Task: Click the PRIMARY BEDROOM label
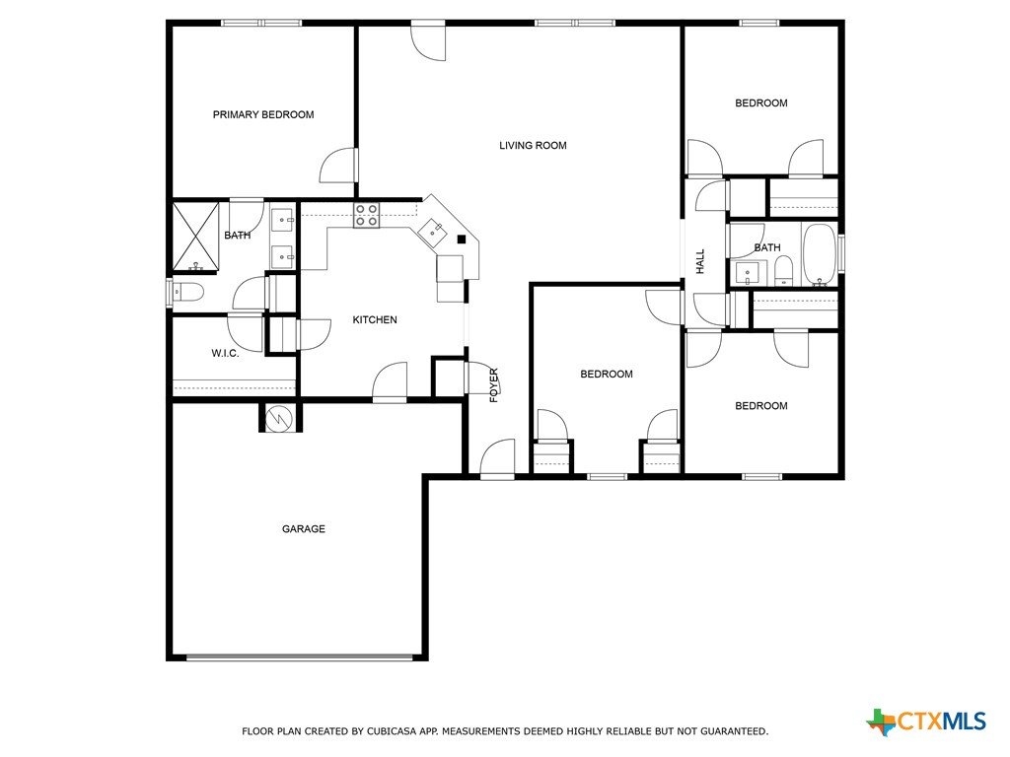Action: pyautogui.click(x=263, y=114)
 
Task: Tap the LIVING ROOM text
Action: pyautogui.click(x=533, y=146)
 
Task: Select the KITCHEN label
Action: pyautogui.click(x=375, y=319)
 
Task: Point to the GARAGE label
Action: pyautogui.click(x=304, y=528)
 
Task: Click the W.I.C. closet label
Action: pyautogui.click(x=225, y=353)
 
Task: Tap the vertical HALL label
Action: pyautogui.click(x=700, y=261)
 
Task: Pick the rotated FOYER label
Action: pyautogui.click(x=494, y=385)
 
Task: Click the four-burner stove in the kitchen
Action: pyautogui.click(x=366, y=215)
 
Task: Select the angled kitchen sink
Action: pyautogui.click(x=432, y=232)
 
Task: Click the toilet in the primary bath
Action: pyautogui.click(x=186, y=292)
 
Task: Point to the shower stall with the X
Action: pyautogui.click(x=196, y=237)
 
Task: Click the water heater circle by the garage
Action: pyautogui.click(x=279, y=419)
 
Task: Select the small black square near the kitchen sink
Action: pyautogui.click(x=462, y=240)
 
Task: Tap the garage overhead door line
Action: pyautogui.click(x=300, y=657)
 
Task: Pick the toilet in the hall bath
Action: pyautogui.click(x=783, y=270)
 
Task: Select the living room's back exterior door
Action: pyautogui.click(x=428, y=39)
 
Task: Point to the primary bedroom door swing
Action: pyautogui.click(x=338, y=165)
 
